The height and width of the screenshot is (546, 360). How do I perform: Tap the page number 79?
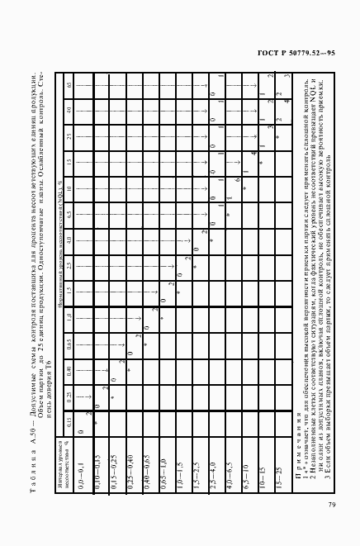(x=331, y=506)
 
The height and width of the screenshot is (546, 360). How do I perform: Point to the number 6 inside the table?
(x=237, y=179)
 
